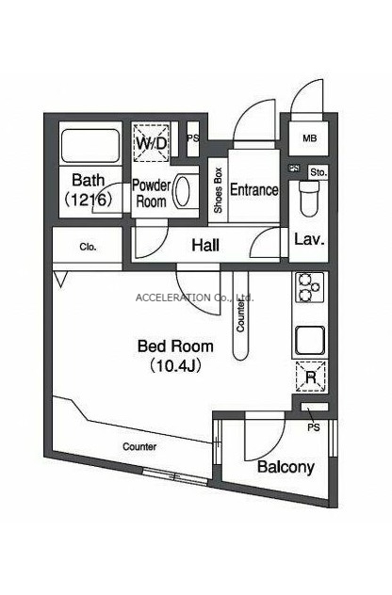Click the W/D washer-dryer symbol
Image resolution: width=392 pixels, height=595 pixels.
(x=151, y=142)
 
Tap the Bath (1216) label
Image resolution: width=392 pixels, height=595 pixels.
(x=89, y=189)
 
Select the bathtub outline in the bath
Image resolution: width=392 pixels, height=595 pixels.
(x=90, y=146)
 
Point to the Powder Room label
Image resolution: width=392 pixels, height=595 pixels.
(x=151, y=193)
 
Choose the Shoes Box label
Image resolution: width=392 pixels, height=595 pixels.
(x=218, y=190)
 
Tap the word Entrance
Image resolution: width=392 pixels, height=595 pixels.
(x=254, y=189)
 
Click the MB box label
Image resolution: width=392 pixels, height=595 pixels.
(x=310, y=138)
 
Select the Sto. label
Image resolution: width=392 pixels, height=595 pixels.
(x=318, y=172)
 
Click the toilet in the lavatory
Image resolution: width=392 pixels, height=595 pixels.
(x=308, y=197)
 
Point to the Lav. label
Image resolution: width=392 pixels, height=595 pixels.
(x=310, y=239)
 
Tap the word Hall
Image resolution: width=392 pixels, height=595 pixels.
(x=205, y=245)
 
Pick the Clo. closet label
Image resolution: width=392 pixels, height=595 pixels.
(x=88, y=247)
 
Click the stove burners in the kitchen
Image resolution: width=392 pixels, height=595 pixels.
(x=310, y=287)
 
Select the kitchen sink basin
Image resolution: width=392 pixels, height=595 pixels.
(x=310, y=341)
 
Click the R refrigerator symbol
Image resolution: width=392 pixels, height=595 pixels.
(x=311, y=377)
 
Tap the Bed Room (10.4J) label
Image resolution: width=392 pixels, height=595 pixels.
(x=175, y=356)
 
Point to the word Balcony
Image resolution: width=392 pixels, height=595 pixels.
(x=286, y=467)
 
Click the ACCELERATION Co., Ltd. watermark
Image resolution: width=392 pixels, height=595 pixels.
(x=194, y=297)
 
